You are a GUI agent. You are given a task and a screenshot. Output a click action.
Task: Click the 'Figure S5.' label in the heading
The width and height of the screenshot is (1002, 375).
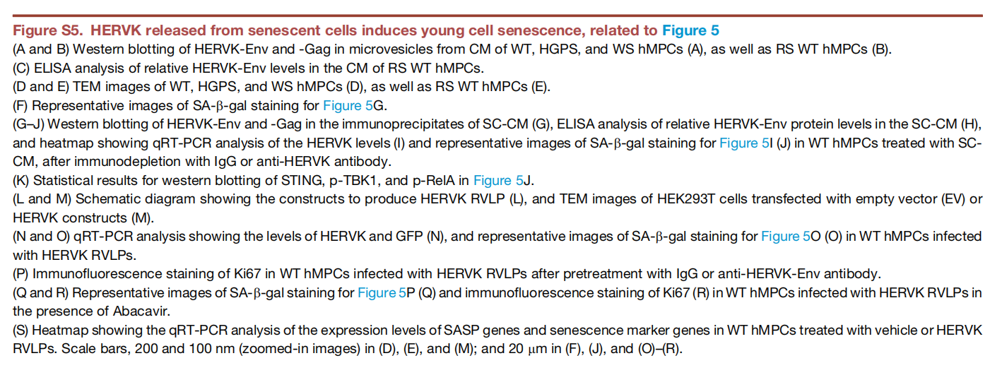[48, 30]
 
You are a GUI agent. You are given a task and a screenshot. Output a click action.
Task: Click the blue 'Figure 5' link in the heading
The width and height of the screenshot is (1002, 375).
[690, 30]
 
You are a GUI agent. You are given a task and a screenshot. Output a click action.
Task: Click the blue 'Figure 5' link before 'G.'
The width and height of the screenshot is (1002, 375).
[348, 106]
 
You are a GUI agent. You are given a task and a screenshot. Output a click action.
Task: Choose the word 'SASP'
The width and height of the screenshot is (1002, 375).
[460, 331]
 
